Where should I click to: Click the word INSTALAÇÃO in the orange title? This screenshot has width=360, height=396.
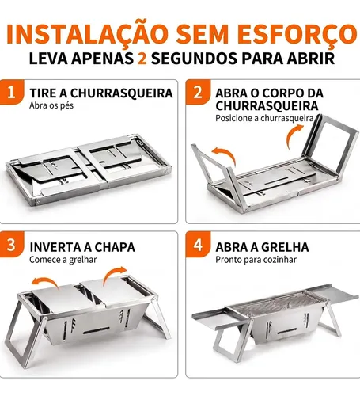pyautogui.click(x=87, y=34)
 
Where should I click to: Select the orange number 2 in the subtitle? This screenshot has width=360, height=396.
pyautogui.click(x=142, y=59)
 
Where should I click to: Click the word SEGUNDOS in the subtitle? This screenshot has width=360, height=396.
pyautogui.click(x=195, y=59)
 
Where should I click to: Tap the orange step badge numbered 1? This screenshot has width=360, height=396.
pyautogui.click(x=12, y=92)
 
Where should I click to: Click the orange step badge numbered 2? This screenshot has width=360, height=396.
pyautogui.click(x=198, y=92)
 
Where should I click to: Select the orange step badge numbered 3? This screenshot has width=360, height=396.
pyautogui.click(x=12, y=245)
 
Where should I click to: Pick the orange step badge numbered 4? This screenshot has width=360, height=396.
pyautogui.click(x=198, y=245)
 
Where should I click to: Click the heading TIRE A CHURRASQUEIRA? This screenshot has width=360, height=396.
pyautogui.click(x=101, y=93)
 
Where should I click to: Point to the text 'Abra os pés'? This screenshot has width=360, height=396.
pyautogui.click(x=51, y=105)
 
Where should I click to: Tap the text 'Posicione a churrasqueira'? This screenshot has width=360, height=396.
pyautogui.click(x=264, y=118)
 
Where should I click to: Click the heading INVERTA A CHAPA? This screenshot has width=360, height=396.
pyautogui.click(x=82, y=247)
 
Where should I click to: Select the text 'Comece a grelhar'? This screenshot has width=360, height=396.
pyautogui.click(x=63, y=260)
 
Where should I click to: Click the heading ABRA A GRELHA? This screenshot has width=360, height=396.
pyautogui.click(x=262, y=247)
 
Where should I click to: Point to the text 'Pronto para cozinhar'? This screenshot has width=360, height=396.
pyautogui.click(x=256, y=260)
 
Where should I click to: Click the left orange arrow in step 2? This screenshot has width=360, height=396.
pyautogui.click(x=227, y=153)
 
